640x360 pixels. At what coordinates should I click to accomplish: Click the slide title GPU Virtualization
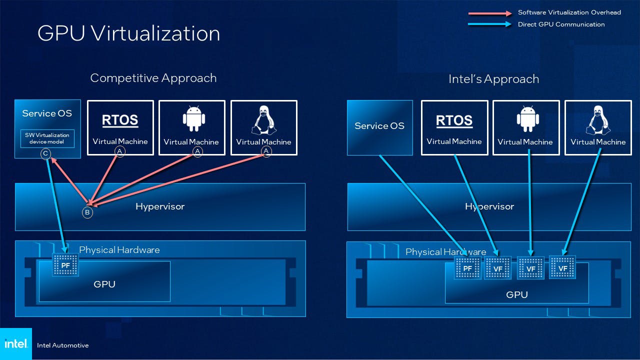coord(128,33)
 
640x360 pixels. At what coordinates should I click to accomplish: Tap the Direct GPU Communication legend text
coord(561,24)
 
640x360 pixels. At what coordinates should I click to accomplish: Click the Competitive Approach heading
coord(153,78)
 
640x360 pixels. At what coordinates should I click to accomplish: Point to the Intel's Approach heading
coord(493,79)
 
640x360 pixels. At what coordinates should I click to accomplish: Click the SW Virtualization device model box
coord(47,138)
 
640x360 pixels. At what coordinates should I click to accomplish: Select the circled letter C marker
coord(45,153)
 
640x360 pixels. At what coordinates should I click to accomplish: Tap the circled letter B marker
coord(87,212)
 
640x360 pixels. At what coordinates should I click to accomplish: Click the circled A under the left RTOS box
coord(119,151)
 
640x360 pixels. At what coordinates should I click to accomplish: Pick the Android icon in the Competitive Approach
coord(191,119)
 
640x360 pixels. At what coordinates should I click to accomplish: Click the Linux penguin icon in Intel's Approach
coord(598,120)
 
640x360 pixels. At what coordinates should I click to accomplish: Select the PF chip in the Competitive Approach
coord(65,265)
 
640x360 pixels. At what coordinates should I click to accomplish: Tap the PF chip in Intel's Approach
coord(467,268)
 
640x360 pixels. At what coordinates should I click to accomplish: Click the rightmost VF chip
coord(562,268)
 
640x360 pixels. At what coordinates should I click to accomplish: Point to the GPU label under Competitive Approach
coord(104,284)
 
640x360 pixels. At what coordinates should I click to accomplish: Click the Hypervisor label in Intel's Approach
coord(489,206)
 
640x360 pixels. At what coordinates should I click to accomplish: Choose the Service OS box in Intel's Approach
coord(379,127)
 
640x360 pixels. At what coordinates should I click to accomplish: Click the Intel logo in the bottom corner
coord(16,344)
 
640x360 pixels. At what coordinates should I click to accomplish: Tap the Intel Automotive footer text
coord(62,345)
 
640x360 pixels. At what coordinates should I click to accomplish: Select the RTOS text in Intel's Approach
coord(454,120)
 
